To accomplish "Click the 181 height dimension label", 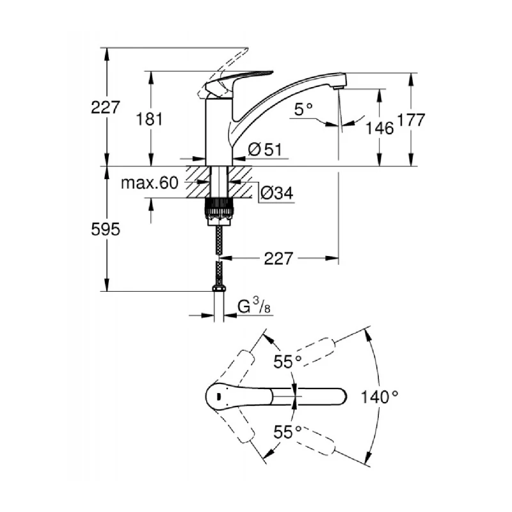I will pyautogui.click(x=149, y=118).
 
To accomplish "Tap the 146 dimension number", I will pyautogui.click(x=380, y=127).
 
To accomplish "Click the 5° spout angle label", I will pyautogui.click(x=303, y=109).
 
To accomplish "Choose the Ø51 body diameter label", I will pyautogui.click(x=264, y=149).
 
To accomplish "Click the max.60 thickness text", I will pyautogui.click(x=149, y=184).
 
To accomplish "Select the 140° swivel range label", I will pyautogui.click(x=379, y=397).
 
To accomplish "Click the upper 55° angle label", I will pyautogui.click(x=287, y=362).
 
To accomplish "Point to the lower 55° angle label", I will pyautogui.click(x=287, y=431).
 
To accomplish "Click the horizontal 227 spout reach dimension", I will pyautogui.click(x=277, y=259).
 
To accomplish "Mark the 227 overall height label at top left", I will pyautogui.click(x=106, y=107).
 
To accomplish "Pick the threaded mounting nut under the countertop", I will pyautogui.click(x=220, y=209).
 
